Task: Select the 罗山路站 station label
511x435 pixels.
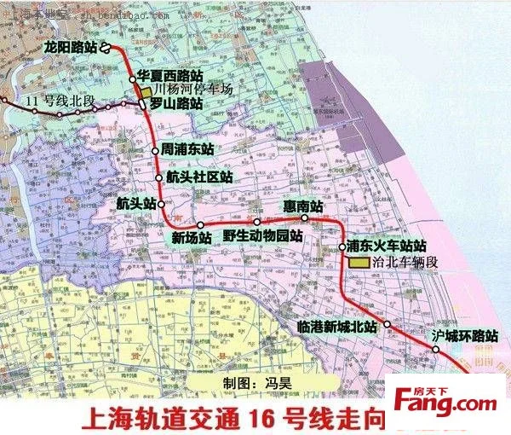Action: pyautogui.click(x=176, y=103)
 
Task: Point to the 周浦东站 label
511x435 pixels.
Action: pyautogui.click(x=187, y=148)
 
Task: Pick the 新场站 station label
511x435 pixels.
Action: pyautogui.click(x=192, y=238)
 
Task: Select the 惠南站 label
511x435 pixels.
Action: pyautogui.click(x=305, y=206)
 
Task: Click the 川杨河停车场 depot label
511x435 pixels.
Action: pyautogui.click(x=194, y=89)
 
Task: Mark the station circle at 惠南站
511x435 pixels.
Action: pyautogui.click(x=304, y=219)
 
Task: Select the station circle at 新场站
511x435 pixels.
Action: pyautogui.click(x=201, y=225)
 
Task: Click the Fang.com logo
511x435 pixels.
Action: pyautogui.click(x=445, y=402)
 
